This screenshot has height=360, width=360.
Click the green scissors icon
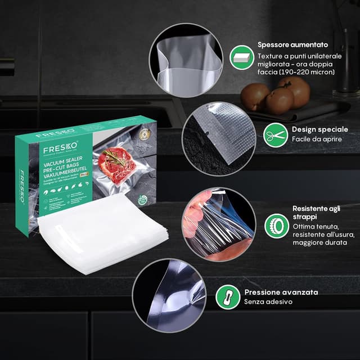point(274,134)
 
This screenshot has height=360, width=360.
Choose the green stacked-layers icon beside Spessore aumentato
point(240,57)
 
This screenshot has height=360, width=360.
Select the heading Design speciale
point(319,129)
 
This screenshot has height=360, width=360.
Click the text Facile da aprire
point(316,139)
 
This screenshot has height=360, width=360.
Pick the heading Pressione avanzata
point(281,292)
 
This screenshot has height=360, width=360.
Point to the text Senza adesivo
point(268,302)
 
